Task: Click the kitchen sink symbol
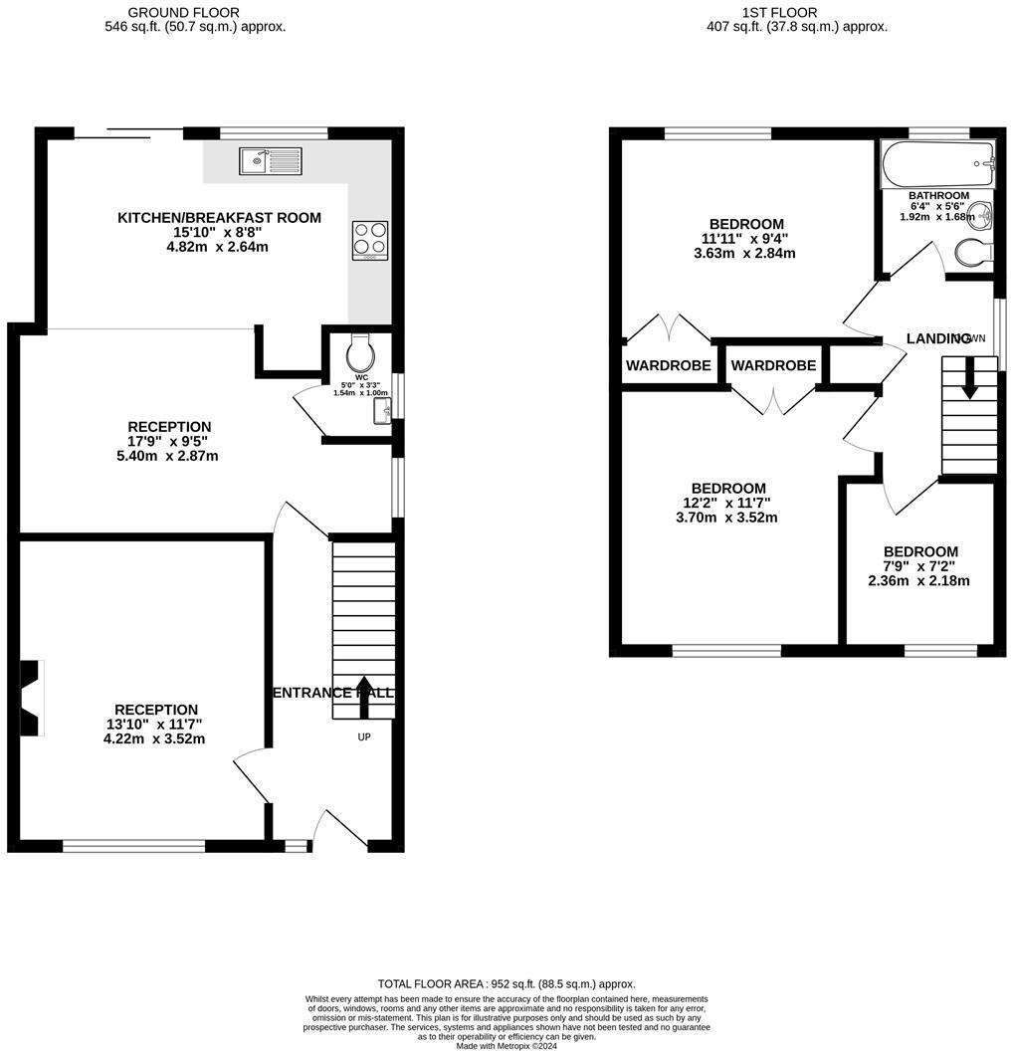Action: [x=270, y=160]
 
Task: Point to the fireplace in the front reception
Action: [x=33, y=698]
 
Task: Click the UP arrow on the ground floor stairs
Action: [x=361, y=705]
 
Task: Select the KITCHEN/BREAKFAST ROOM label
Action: [x=219, y=218]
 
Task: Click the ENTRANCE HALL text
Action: [x=332, y=692]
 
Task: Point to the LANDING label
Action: [x=938, y=338]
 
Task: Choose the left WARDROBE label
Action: [x=668, y=365]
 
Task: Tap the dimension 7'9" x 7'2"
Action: [x=920, y=566]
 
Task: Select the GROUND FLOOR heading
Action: [x=183, y=12]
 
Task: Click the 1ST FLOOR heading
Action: [x=779, y=12]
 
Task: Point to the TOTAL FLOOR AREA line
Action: [x=505, y=983]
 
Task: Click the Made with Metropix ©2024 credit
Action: [x=505, y=1046]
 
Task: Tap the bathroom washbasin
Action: [x=981, y=213]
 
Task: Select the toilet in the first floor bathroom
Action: [x=972, y=254]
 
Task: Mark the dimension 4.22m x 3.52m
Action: [x=154, y=738]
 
